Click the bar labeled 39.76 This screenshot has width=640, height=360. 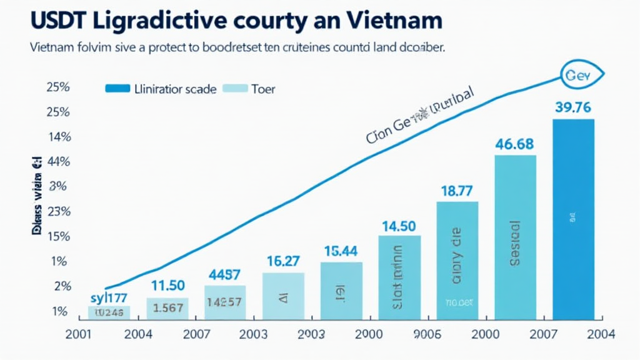573,219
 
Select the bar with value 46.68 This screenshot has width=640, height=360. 515,237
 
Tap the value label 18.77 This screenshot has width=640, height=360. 457,192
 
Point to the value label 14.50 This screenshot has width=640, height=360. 399,226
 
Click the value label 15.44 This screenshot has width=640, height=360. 341,251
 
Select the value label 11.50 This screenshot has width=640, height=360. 167,286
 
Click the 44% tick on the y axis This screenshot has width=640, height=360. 57,162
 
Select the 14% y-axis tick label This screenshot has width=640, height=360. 57,137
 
